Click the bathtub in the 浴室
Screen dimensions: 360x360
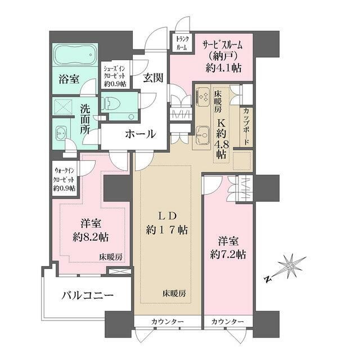(75, 56)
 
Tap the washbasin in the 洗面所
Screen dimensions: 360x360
(62, 133)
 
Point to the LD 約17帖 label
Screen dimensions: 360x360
(167, 223)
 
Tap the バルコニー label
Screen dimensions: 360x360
(87, 295)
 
